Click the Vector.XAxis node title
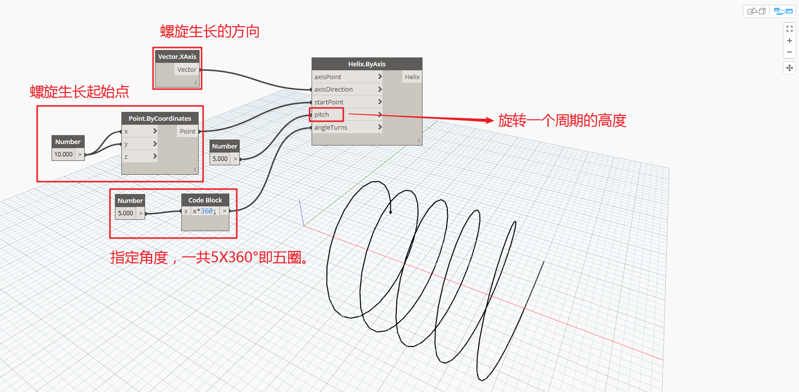(177, 56)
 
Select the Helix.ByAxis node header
(367, 64)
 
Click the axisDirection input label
(333, 90)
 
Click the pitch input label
(321, 115)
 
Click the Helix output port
(412, 77)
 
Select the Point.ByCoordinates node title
(160, 119)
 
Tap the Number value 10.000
(63, 154)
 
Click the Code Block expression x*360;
(205, 211)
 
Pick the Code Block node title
(205, 200)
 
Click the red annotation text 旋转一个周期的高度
(562, 120)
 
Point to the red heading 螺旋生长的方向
(210, 31)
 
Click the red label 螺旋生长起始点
(80, 92)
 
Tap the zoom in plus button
(790, 41)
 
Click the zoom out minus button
(790, 52)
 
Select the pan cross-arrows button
(790, 68)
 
